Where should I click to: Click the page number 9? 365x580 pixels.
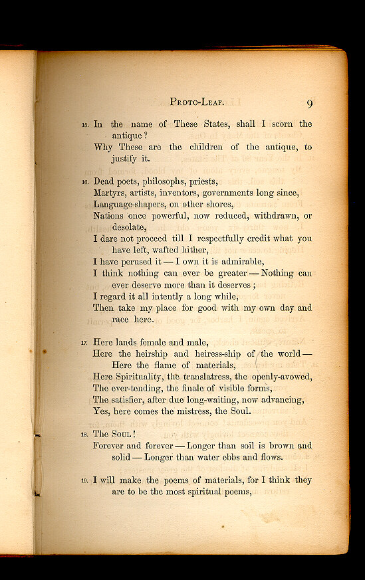(310, 104)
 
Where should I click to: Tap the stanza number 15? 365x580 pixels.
(84, 125)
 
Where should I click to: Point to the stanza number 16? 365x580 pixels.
(84, 182)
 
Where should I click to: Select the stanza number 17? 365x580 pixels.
(84, 343)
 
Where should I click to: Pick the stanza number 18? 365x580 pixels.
(84, 435)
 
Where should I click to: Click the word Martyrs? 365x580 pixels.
(109, 193)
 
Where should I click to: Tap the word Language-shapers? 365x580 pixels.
(130, 205)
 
